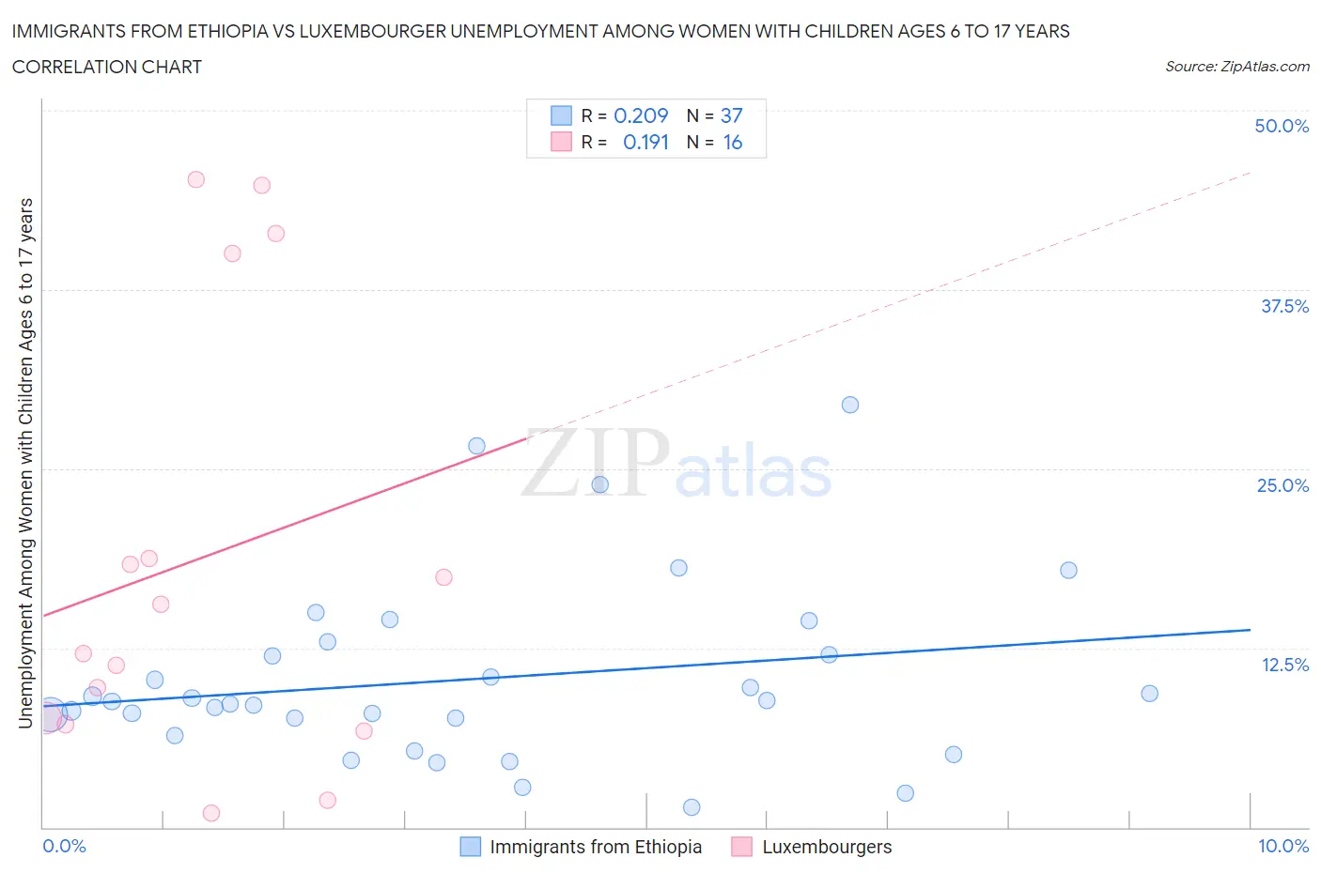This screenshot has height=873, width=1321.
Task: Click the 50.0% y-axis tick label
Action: point(1282,126)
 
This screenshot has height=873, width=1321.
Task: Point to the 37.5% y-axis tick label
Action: point(1284,306)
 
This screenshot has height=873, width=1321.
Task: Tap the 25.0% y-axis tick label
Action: point(1282,485)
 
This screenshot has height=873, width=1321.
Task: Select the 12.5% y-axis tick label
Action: point(1284,665)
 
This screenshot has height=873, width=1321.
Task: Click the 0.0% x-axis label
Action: point(64,846)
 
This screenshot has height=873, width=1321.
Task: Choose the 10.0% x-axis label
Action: point(1283,846)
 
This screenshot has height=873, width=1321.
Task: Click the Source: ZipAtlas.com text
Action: point(1236,66)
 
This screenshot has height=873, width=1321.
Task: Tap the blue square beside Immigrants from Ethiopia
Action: point(470,847)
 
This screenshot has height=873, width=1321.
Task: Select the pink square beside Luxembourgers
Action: point(742,847)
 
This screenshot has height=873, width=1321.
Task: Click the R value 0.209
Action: point(641,115)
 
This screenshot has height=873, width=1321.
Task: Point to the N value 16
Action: point(732,142)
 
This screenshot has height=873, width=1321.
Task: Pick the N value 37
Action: point(731,115)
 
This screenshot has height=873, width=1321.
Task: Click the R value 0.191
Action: point(645,142)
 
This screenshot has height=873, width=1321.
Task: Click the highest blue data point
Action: point(850,405)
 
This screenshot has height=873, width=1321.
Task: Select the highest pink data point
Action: point(196,179)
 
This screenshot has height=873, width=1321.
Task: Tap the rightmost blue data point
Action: point(1149,694)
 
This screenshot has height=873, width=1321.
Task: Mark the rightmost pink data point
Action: point(444,577)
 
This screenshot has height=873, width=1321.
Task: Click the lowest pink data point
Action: point(211,813)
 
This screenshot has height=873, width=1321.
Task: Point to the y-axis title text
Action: point(25,463)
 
